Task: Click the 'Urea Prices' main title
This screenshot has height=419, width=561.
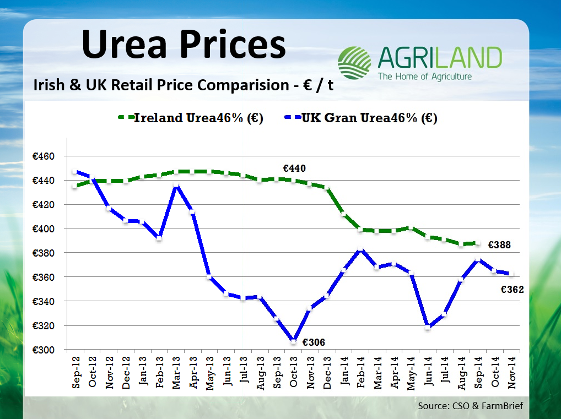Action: pyautogui.click(x=184, y=45)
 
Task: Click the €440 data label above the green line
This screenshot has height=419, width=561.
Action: pyautogui.click(x=294, y=168)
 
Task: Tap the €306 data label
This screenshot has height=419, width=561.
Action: pyautogui.click(x=313, y=342)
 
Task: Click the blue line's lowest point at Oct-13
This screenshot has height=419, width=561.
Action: pyautogui.click(x=294, y=342)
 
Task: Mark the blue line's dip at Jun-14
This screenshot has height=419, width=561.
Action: pyautogui.click(x=427, y=328)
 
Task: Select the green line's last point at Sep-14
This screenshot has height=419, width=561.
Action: pyautogui.click(x=477, y=243)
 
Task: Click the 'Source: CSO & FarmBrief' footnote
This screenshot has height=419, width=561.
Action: pyautogui.click(x=470, y=406)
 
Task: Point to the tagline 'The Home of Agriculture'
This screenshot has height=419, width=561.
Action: pyautogui.click(x=424, y=77)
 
